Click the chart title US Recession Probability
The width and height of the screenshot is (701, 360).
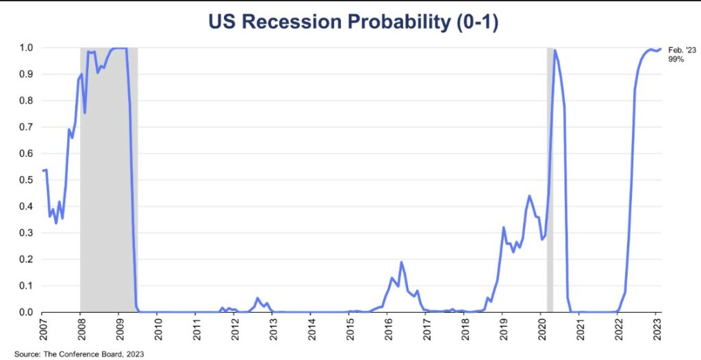(x=350, y=23)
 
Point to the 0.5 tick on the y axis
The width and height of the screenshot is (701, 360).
(x=26, y=180)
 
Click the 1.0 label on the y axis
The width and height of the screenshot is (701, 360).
(x=26, y=48)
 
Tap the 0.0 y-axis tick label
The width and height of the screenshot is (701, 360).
(x=26, y=312)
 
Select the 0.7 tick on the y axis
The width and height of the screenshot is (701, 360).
(x=26, y=127)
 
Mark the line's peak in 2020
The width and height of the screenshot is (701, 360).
(x=555, y=50)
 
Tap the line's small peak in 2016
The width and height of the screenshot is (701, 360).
(x=401, y=262)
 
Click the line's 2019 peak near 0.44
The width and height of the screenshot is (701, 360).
(x=529, y=196)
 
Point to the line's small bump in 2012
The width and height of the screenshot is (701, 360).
(x=257, y=298)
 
